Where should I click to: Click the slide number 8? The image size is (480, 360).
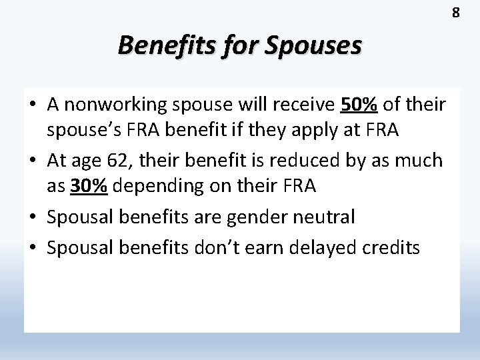457,12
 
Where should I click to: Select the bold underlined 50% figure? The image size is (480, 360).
359,105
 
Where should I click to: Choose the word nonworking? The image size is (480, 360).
111,105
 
